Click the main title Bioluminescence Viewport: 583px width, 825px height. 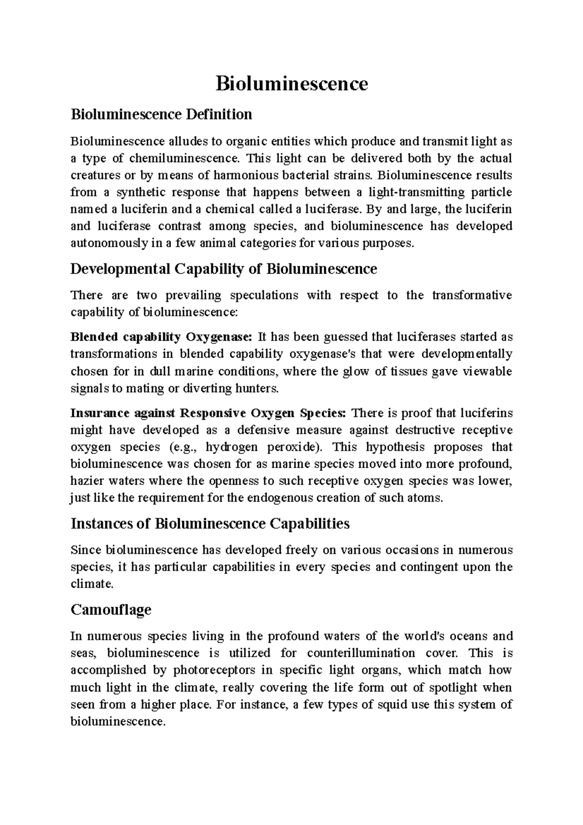(291, 84)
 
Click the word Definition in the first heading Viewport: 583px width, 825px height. (223, 115)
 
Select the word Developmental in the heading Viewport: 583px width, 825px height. (120, 269)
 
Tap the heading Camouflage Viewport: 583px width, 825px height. (111, 610)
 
